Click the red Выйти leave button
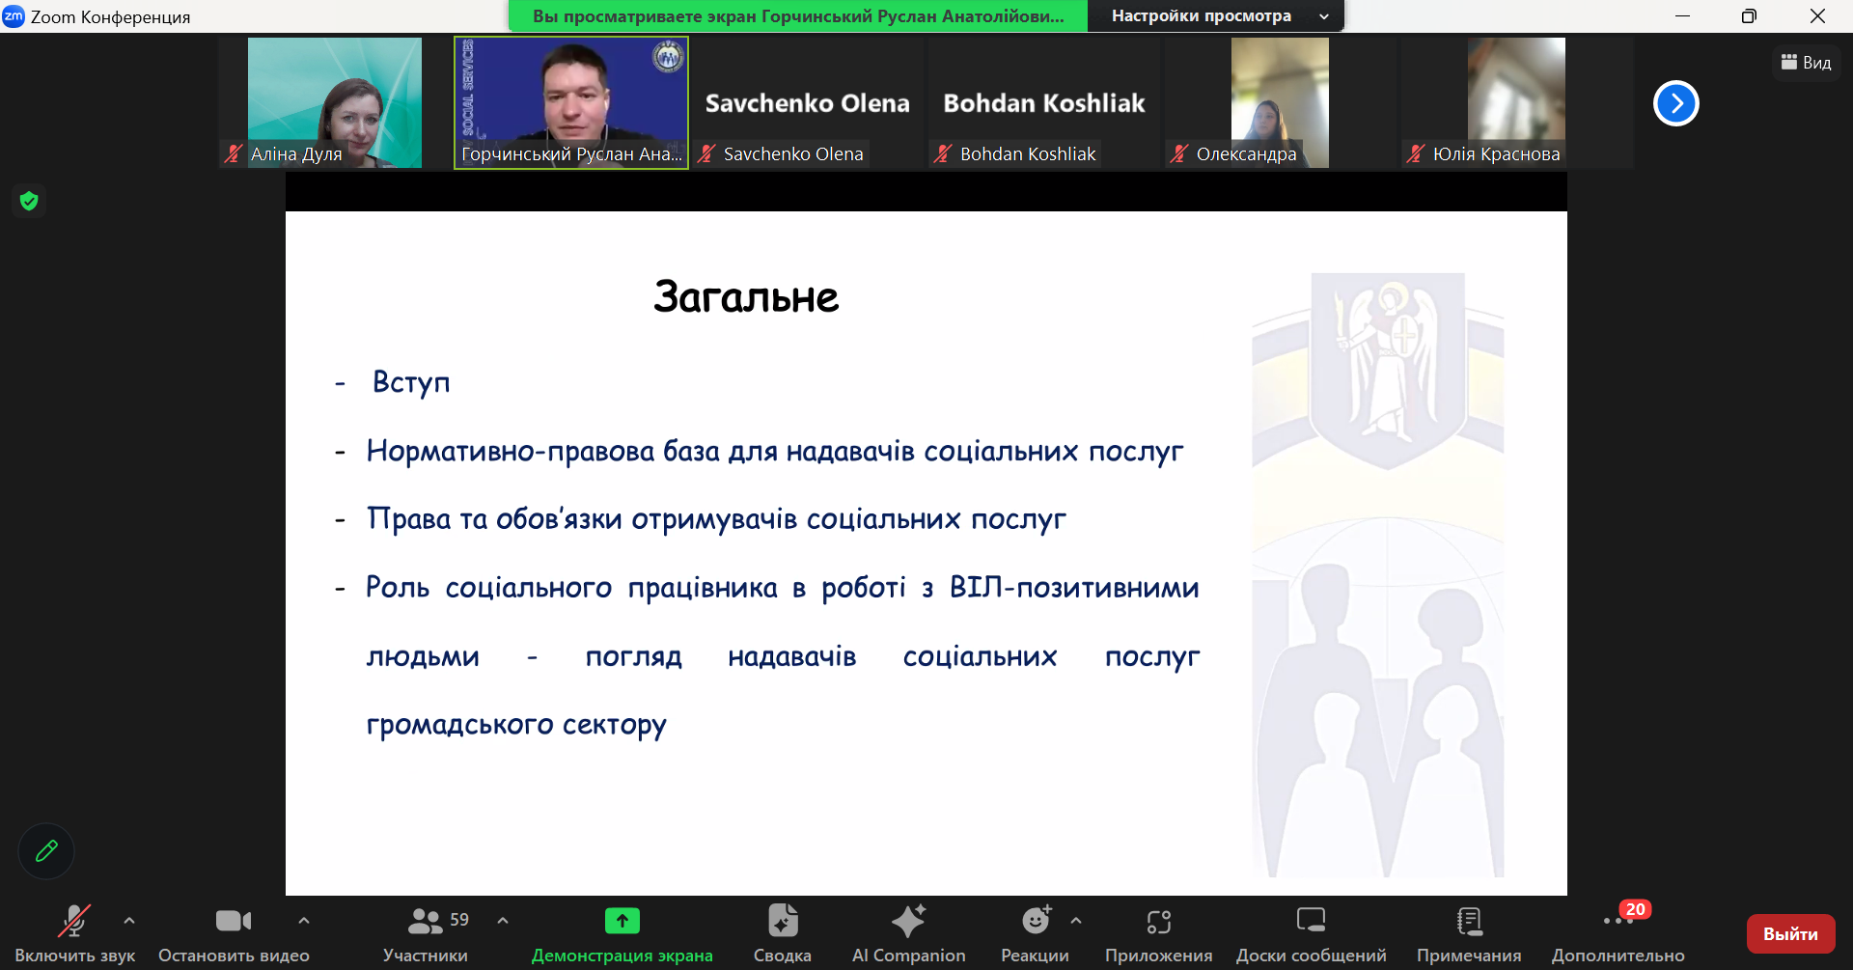[1790, 933]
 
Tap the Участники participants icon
[425, 922]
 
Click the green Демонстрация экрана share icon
[622, 922]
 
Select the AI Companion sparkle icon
[908, 922]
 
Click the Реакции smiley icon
[1036, 922]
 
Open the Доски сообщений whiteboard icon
[1311, 922]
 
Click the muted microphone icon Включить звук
[74, 922]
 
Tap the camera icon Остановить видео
[234, 922]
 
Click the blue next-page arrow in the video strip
[1675, 103]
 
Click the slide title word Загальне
[746, 297]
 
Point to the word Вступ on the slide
[411, 383]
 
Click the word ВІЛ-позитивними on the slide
[1073, 588]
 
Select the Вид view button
[1806, 63]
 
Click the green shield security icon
[29, 201]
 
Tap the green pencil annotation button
[46, 851]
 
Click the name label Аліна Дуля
[296, 154]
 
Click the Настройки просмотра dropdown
[1215, 16]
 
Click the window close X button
[1817, 16]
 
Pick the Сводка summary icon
[783, 922]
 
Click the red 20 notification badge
[1635, 909]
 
